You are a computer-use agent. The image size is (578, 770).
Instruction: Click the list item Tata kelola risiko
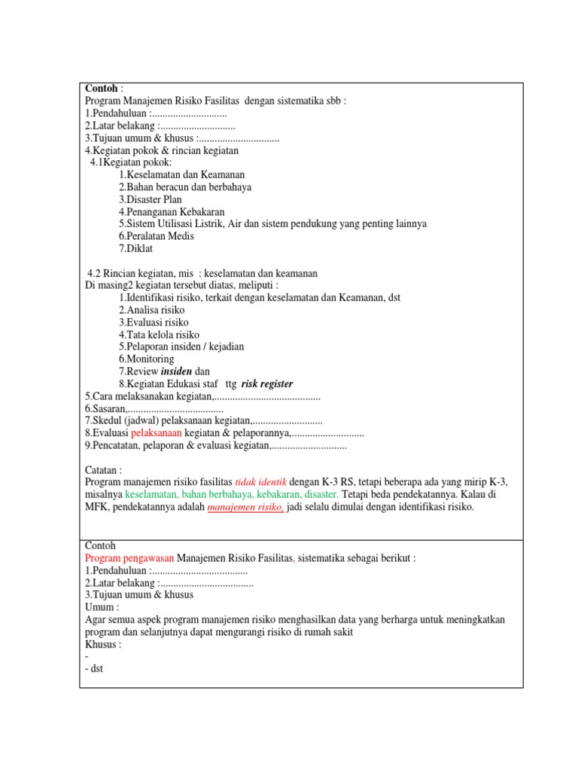(159, 335)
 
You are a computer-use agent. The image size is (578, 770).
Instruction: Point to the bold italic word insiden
(177, 371)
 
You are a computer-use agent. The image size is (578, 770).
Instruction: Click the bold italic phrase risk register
(266, 383)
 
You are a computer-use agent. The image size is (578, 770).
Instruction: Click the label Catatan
(103, 470)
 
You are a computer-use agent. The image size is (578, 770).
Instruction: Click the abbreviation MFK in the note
(96, 508)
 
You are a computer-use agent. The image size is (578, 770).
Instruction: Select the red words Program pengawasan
(129, 558)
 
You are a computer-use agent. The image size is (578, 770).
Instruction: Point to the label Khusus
(102, 644)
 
